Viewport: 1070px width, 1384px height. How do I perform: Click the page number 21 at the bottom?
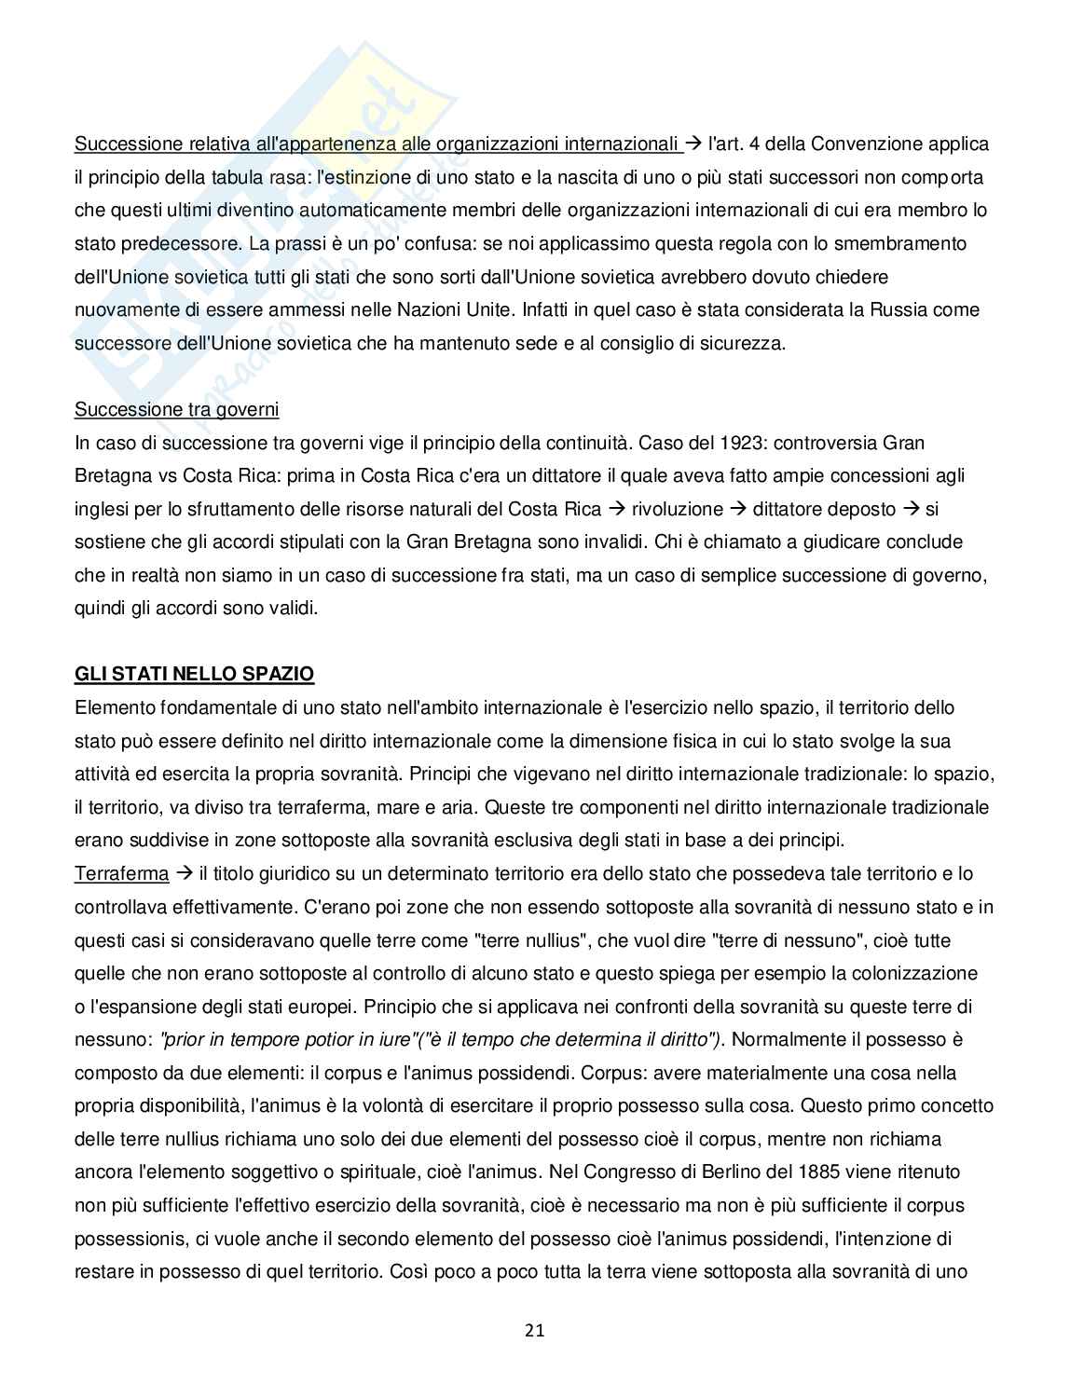click(x=534, y=1330)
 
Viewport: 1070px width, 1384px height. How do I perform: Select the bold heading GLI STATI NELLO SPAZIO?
click(x=194, y=674)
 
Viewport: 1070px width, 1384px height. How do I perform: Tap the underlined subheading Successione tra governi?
click(x=176, y=409)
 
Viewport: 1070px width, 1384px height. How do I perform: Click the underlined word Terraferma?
click(x=121, y=873)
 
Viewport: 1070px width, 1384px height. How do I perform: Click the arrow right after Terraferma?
click(x=183, y=873)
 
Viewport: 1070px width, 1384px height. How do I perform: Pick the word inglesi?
click(x=102, y=509)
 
